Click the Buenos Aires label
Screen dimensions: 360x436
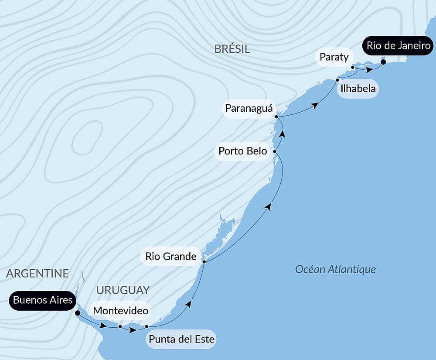(x=43, y=300)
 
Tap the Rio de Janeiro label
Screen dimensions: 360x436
(x=399, y=46)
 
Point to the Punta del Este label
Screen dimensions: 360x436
(x=182, y=339)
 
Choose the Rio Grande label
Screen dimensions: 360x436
(x=171, y=256)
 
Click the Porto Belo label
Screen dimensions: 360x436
(x=242, y=151)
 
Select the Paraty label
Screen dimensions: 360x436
(x=334, y=57)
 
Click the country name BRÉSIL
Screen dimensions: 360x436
(x=232, y=49)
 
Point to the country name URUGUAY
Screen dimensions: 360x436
(x=123, y=290)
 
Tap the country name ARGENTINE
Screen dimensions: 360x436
(x=37, y=273)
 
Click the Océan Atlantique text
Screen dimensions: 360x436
(x=335, y=269)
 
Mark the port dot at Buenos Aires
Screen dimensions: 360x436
(x=78, y=313)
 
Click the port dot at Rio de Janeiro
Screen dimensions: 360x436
(x=383, y=62)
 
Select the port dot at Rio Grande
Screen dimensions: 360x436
(x=204, y=261)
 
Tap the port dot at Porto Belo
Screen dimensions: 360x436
(x=275, y=151)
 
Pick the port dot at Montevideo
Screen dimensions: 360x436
(x=120, y=326)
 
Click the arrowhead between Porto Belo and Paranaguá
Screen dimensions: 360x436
(x=283, y=134)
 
